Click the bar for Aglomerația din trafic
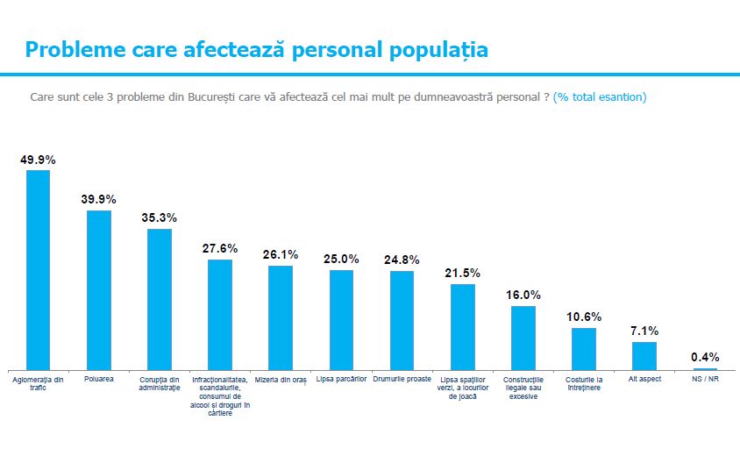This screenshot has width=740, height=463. (38, 270)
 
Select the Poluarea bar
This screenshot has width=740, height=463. (98, 290)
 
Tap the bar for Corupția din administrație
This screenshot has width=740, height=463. (160, 300)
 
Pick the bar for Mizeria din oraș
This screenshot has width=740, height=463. (281, 317)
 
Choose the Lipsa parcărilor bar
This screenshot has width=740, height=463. (341, 320)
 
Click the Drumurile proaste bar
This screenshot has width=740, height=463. (402, 321)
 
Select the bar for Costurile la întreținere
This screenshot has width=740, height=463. (584, 349)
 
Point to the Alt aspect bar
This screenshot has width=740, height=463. (644, 356)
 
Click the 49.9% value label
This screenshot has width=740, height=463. (38, 160)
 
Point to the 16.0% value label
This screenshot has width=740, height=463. (523, 296)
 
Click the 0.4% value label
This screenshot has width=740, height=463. (705, 357)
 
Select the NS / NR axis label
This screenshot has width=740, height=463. (705, 379)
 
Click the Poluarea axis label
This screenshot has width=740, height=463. (98, 379)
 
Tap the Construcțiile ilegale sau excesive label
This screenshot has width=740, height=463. (523, 388)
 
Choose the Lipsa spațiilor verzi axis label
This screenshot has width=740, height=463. (463, 388)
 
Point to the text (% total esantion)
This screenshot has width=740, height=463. (600, 96)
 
